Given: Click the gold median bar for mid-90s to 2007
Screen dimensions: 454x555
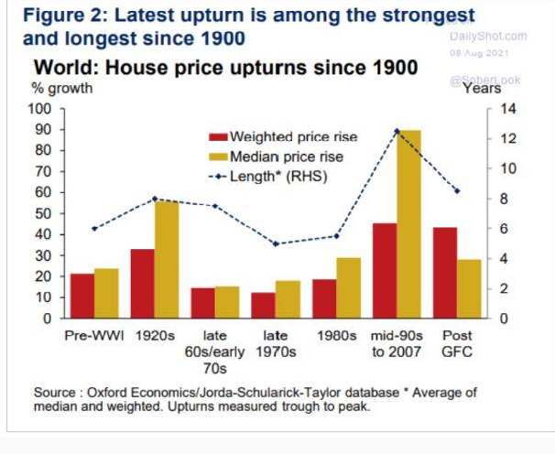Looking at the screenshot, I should [408, 224].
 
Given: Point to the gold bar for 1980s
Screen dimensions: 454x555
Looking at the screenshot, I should [348, 287].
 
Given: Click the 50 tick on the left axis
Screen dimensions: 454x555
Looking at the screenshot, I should [43, 213].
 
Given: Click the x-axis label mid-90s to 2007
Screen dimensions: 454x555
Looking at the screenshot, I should [396, 343].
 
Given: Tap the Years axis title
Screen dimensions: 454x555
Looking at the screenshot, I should [481, 89].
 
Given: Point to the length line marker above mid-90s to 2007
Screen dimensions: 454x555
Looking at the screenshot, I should [397, 131].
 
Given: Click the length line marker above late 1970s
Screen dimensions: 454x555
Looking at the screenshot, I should [275, 243].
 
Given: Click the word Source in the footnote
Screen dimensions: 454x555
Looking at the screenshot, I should [55, 393].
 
